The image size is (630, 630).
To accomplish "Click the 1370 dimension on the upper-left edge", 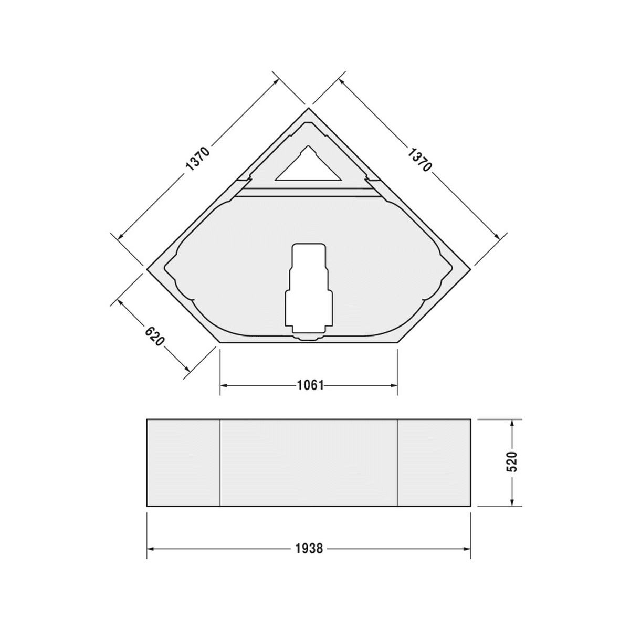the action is click(197, 159).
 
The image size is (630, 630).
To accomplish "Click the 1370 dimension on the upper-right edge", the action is click(419, 159).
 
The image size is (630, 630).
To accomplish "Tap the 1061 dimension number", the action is click(310, 385).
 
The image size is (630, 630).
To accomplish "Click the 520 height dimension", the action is click(512, 462).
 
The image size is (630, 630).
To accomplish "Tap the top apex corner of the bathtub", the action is click(308, 108).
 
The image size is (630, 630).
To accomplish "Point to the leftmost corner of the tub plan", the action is click(147, 269).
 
